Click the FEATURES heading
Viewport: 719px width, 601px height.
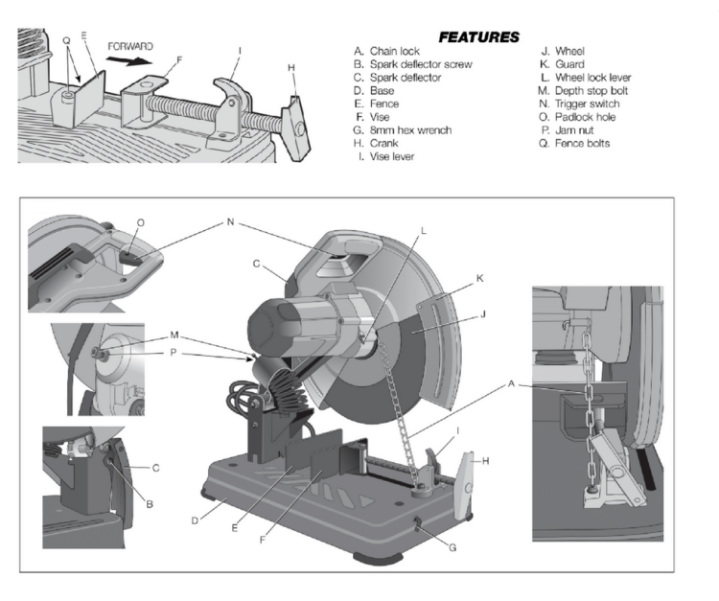tap(478, 36)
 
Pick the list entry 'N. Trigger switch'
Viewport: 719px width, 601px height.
tap(580, 104)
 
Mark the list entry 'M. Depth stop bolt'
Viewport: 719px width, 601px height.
tap(584, 90)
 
